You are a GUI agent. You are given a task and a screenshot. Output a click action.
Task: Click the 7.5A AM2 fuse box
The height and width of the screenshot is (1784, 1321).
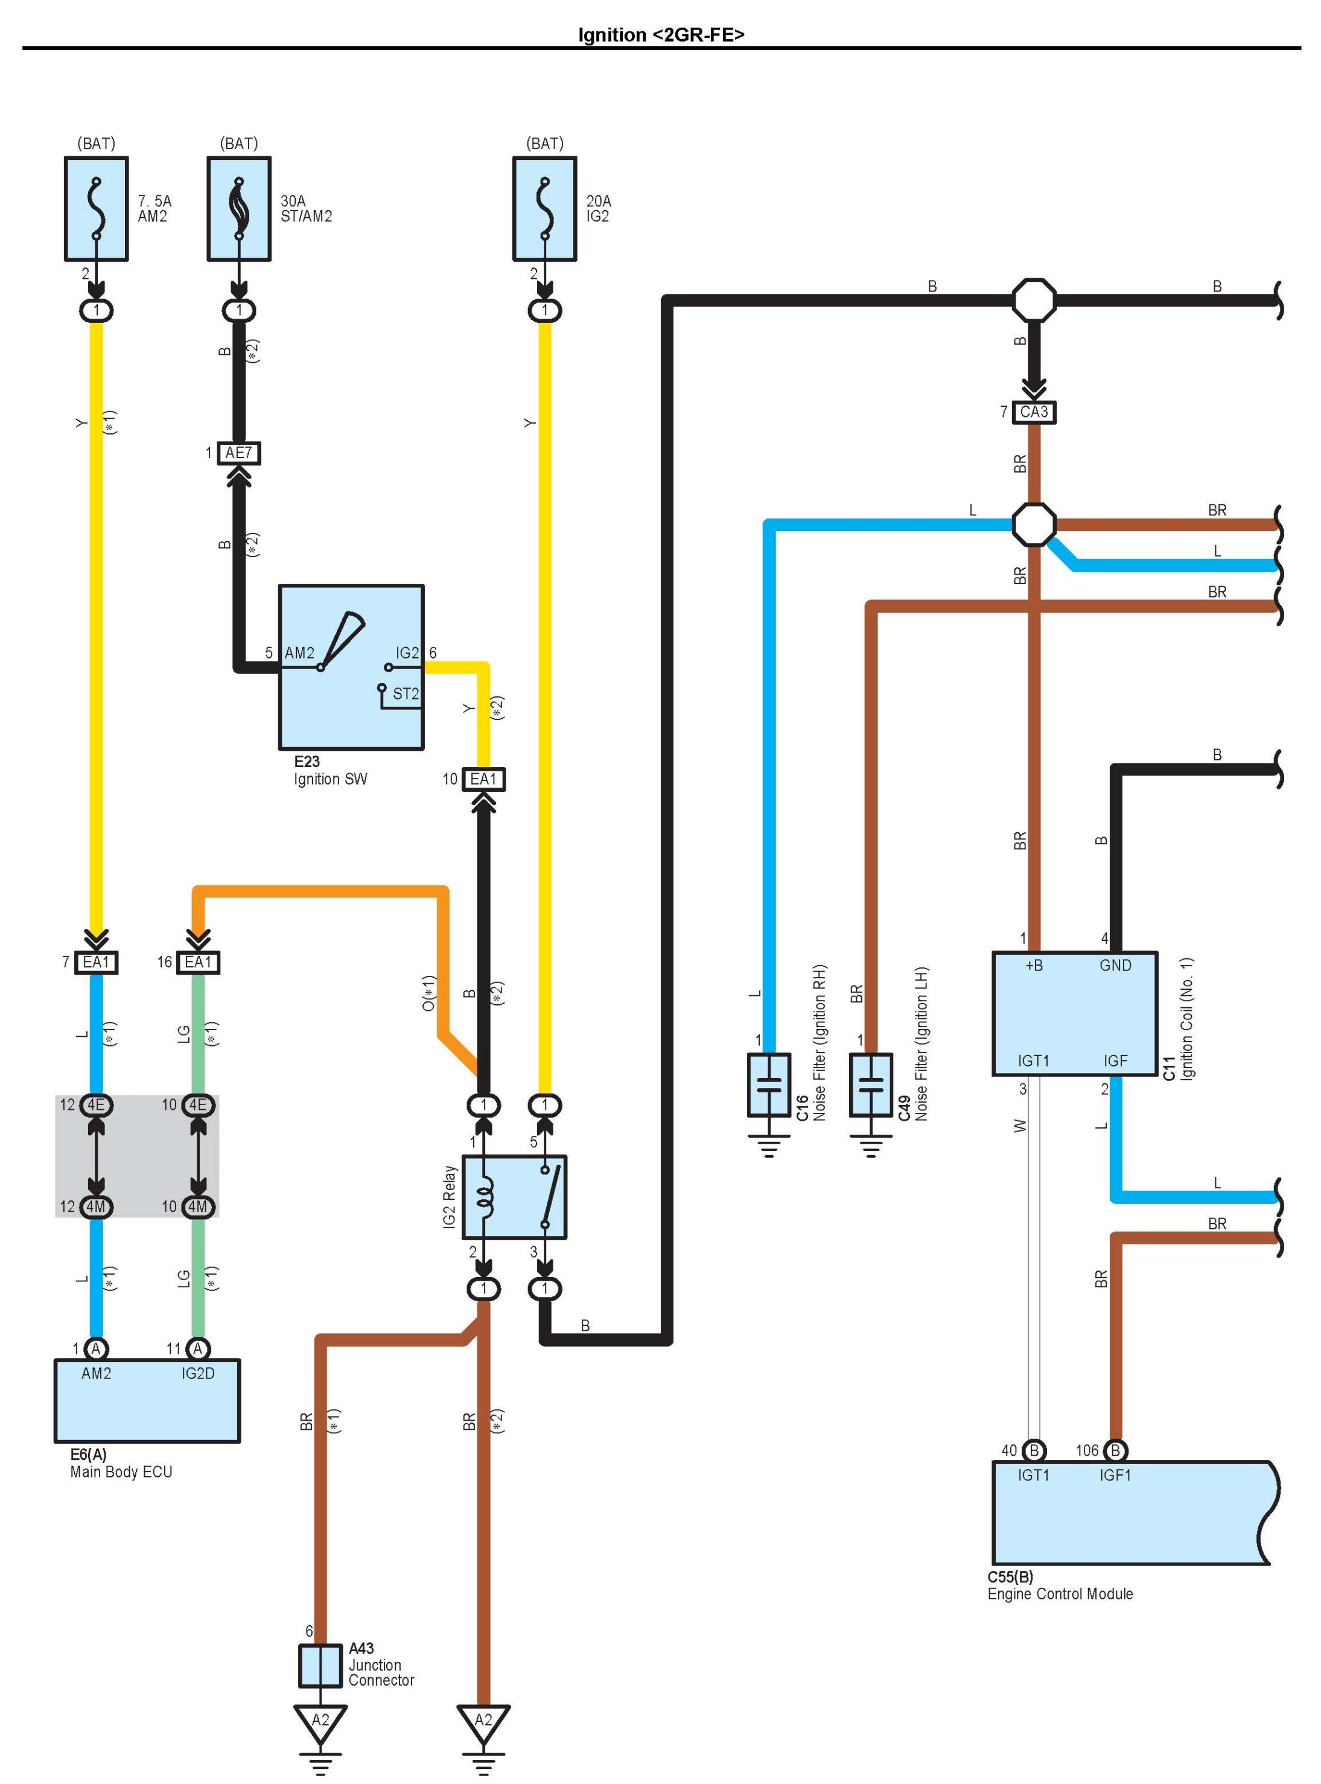(x=96, y=209)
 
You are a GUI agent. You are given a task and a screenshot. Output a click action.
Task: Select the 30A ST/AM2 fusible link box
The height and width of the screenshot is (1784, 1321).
(x=239, y=209)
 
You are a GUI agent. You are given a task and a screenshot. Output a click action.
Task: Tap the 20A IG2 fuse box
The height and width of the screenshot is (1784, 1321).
(x=544, y=209)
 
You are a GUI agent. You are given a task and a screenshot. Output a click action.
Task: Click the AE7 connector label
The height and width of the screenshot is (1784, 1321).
(x=238, y=453)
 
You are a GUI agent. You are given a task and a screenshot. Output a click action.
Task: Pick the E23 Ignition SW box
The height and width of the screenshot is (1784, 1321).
(x=351, y=667)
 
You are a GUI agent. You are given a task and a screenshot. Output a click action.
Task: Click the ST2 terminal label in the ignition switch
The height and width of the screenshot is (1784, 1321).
(x=406, y=694)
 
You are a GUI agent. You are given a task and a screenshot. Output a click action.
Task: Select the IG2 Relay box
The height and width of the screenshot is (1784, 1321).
(x=514, y=1197)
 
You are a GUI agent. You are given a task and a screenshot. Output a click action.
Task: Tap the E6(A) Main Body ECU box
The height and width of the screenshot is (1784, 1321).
(x=147, y=1400)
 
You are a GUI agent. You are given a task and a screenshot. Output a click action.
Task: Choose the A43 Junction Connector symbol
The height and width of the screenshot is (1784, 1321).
(x=320, y=1666)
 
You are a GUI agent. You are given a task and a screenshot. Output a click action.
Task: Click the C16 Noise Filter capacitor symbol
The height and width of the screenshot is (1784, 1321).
(x=768, y=1085)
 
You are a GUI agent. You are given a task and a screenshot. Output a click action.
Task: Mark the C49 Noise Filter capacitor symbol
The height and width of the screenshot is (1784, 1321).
(x=871, y=1085)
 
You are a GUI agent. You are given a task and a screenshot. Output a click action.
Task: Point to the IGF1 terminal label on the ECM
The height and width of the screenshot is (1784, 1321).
(x=1115, y=1476)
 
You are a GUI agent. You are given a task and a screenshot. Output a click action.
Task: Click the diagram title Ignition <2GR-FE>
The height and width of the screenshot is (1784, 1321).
(x=660, y=34)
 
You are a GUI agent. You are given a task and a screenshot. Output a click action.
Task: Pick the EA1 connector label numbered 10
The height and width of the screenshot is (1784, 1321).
(x=483, y=780)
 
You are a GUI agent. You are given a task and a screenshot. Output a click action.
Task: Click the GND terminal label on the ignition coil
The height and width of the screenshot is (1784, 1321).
(x=1115, y=966)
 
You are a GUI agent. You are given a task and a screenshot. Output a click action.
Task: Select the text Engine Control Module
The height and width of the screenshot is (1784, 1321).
(x=1060, y=1594)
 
